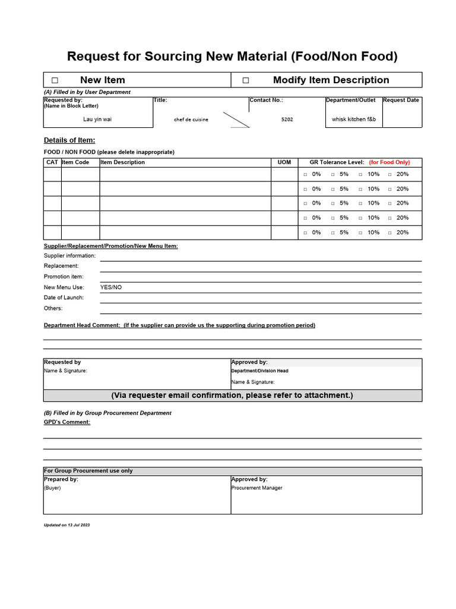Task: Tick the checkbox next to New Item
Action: pyautogui.click(x=55, y=80)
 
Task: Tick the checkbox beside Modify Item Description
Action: pyautogui.click(x=246, y=80)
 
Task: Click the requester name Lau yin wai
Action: pyautogui.click(x=97, y=120)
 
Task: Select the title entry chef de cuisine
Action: pyautogui.click(x=191, y=120)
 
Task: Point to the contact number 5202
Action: pyautogui.click(x=287, y=120)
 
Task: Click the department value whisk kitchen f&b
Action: pyautogui.click(x=354, y=120)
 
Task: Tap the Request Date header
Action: pyautogui.click(x=401, y=101)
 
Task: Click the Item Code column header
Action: pyautogui.click(x=75, y=162)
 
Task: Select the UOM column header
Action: pyautogui.click(x=284, y=162)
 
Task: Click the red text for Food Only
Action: pyautogui.click(x=389, y=162)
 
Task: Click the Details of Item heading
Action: pyautogui.click(x=69, y=140)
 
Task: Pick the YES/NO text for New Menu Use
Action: pyautogui.click(x=111, y=287)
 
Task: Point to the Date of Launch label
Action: pyautogui.click(x=64, y=297)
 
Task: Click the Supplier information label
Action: pyautogui.click(x=69, y=256)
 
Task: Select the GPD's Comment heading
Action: pyautogui.click(x=67, y=422)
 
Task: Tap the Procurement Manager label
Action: pyautogui.click(x=256, y=488)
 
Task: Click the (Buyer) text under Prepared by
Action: pyautogui.click(x=52, y=488)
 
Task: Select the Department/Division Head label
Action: pyautogui.click(x=259, y=371)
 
